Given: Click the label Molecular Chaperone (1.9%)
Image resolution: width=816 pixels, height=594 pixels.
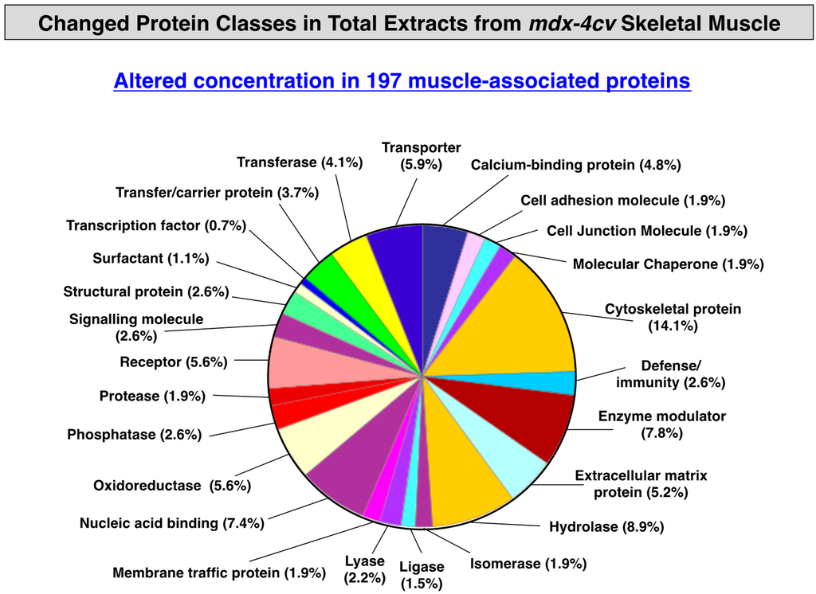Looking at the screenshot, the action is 669,264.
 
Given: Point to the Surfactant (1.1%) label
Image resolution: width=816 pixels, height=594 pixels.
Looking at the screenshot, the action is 151,259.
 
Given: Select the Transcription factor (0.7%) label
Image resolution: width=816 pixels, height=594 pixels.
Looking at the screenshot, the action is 156,226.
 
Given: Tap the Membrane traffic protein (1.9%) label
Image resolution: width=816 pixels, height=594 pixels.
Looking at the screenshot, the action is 219,573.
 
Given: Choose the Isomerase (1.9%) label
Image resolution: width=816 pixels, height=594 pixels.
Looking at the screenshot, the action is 528,564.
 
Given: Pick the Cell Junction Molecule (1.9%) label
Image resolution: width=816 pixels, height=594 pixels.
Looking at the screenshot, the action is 647,231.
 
